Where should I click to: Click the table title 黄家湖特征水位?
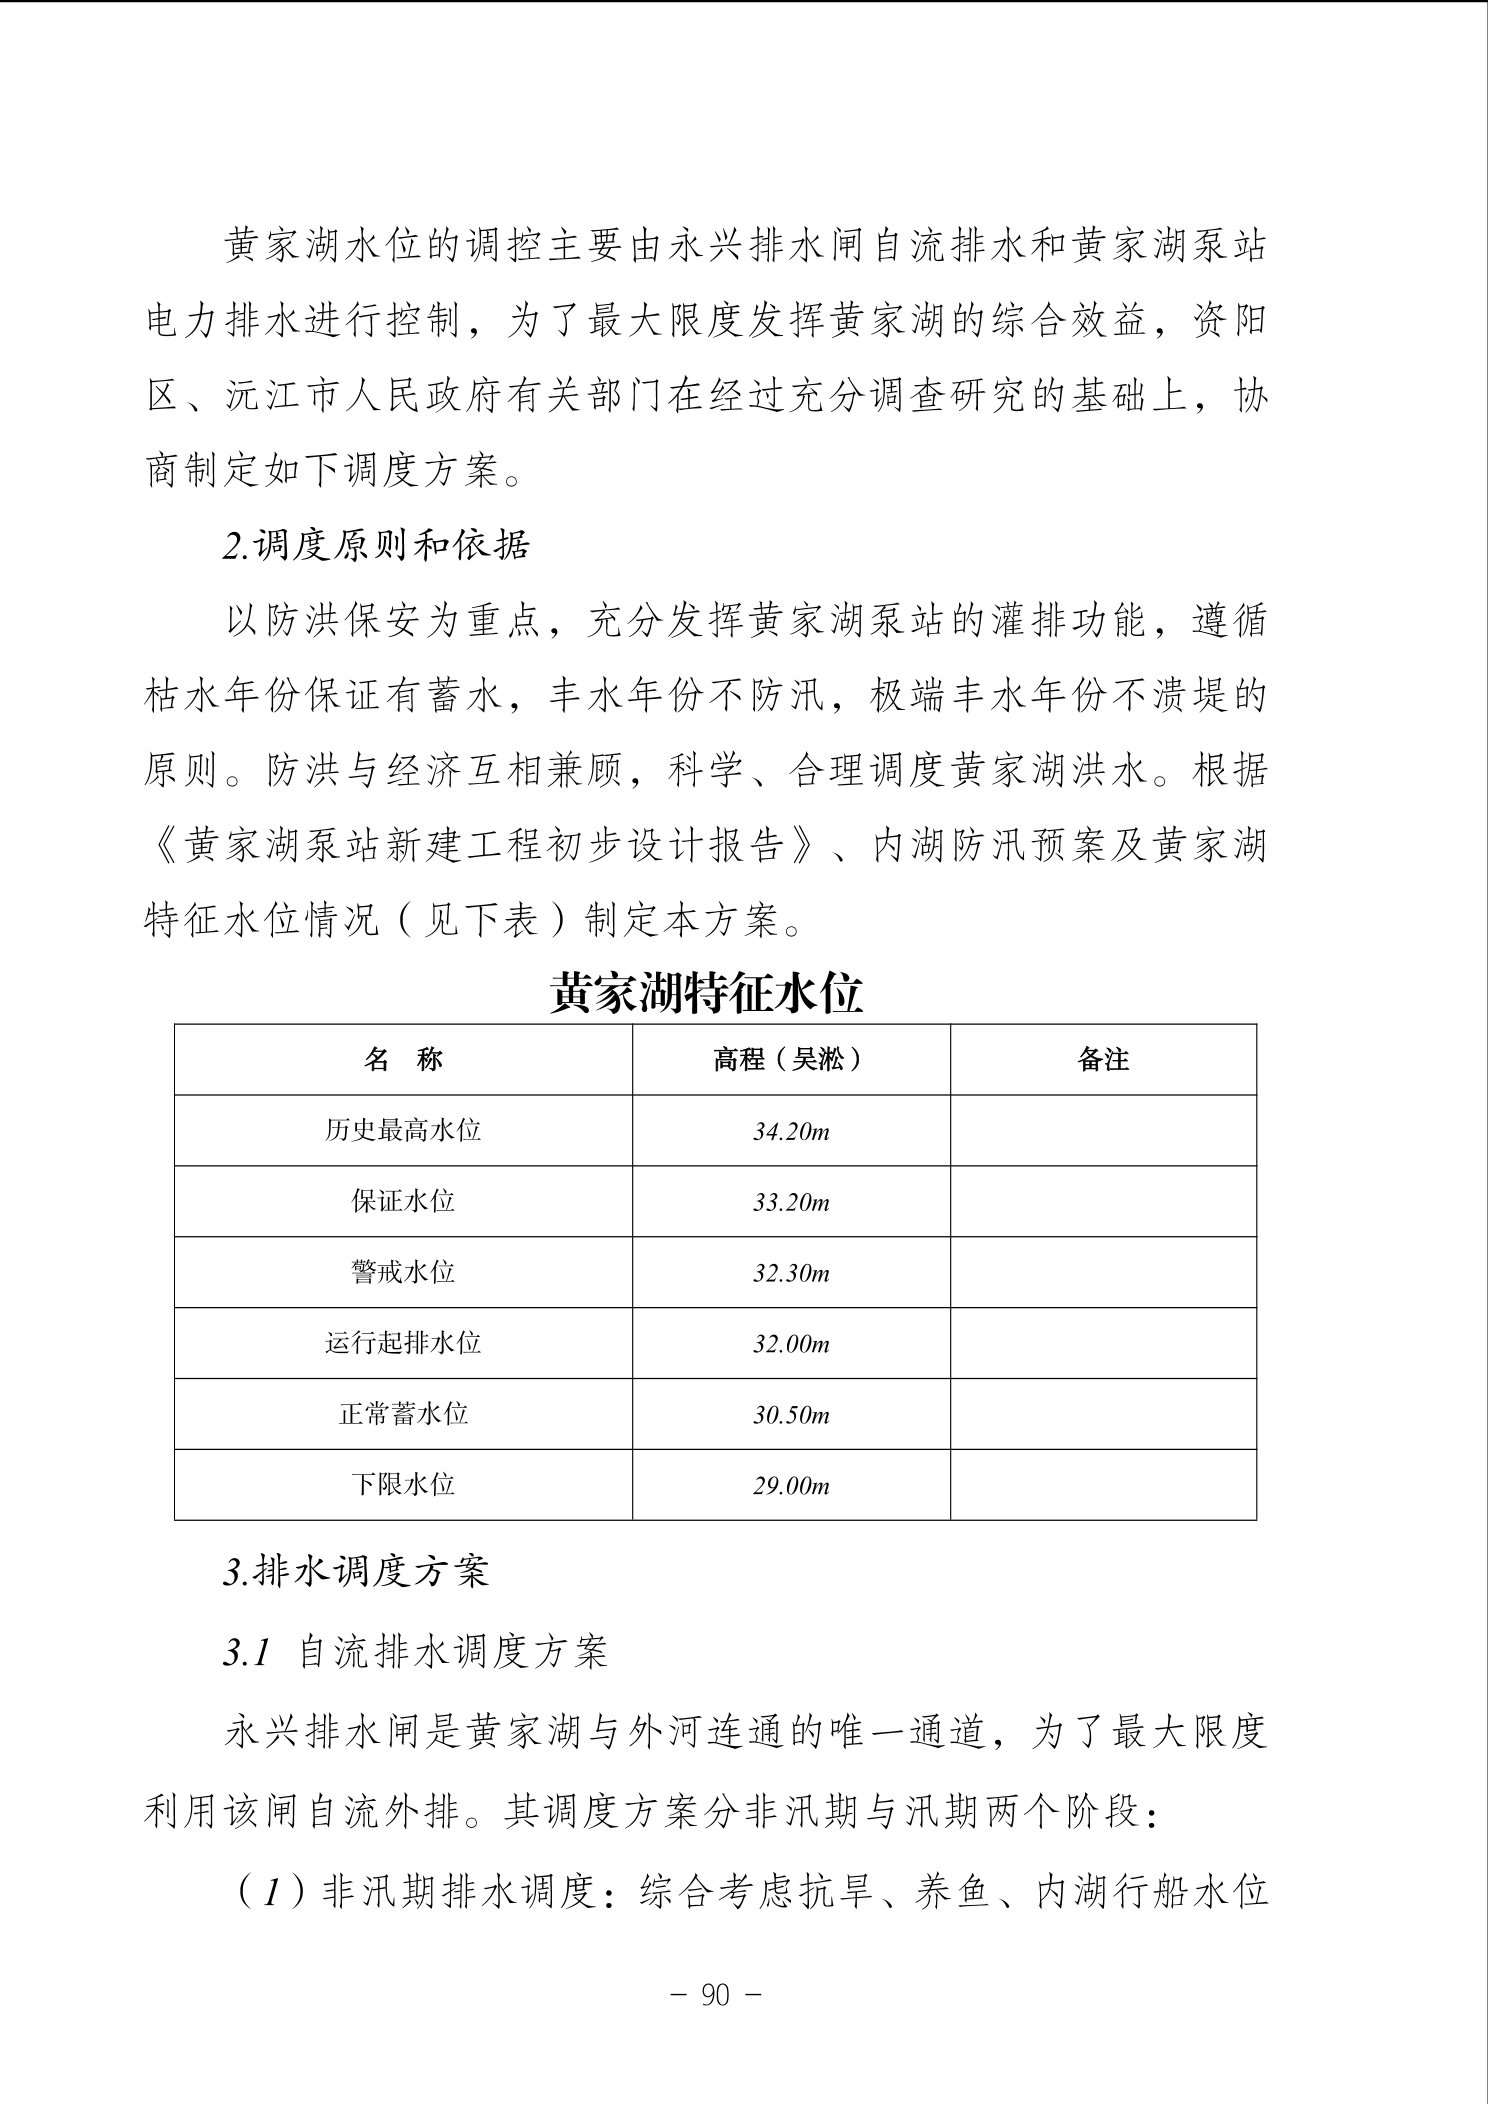[x=705, y=994]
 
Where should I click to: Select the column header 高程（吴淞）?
[x=790, y=1060]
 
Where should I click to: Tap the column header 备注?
[x=1103, y=1060]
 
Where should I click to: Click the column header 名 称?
[x=403, y=1060]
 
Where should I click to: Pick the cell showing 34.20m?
[x=791, y=1132]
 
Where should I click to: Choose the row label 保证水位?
[x=403, y=1201]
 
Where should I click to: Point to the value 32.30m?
[x=791, y=1274]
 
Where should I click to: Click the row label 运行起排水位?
[x=403, y=1343]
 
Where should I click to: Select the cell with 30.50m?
[x=791, y=1415]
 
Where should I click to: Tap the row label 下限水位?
[x=403, y=1484]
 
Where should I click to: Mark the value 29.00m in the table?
[x=791, y=1486]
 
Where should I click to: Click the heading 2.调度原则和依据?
[x=376, y=546]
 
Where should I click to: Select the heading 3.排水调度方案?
[x=356, y=1572]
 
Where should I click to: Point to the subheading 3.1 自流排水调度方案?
[x=415, y=1653]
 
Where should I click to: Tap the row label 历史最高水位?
[x=403, y=1130]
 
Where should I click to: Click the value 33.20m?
[x=791, y=1203]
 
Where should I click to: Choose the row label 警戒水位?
[x=403, y=1272]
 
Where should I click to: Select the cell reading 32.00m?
[x=791, y=1345]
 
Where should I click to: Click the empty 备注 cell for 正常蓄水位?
[x=1103, y=1414]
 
